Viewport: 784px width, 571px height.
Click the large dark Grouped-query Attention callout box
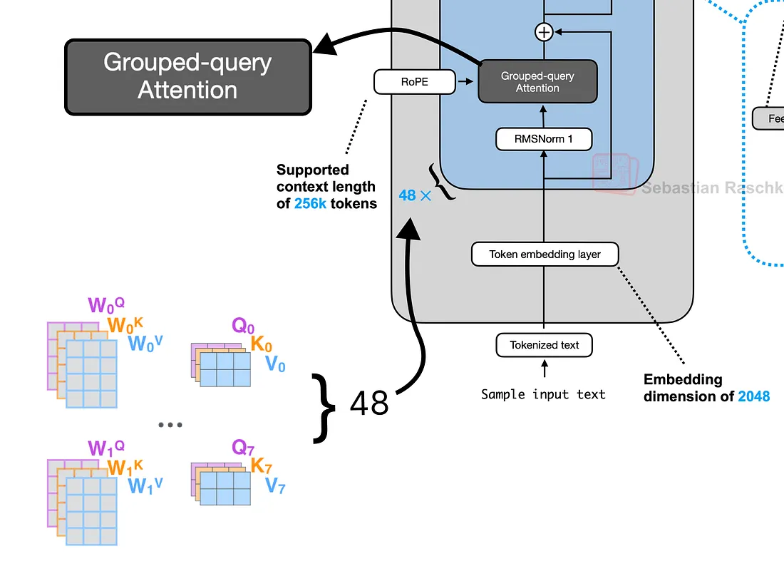tap(188, 76)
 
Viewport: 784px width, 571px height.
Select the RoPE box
tap(414, 82)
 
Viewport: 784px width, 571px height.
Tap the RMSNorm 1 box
tap(544, 139)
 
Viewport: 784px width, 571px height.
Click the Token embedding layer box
tap(545, 254)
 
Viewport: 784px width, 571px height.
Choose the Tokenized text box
tap(544, 345)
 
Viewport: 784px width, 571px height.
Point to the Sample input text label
tap(543, 394)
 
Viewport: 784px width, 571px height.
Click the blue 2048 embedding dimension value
tap(754, 396)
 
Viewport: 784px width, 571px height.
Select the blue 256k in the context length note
tap(311, 203)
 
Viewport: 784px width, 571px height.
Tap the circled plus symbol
tap(544, 31)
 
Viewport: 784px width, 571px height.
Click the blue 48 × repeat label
tap(415, 195)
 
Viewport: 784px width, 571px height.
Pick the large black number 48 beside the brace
tap(369, 403)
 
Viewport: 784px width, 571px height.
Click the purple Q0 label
tap(242, 326)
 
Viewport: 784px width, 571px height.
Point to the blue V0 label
tap(275, 365)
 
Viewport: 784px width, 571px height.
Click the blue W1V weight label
tap(145, 486)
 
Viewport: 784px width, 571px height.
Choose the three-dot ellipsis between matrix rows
tap(170, 425)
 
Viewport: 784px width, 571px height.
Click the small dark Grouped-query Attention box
tap(537, 81)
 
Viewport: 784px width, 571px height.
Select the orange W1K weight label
tap(125, 467)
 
